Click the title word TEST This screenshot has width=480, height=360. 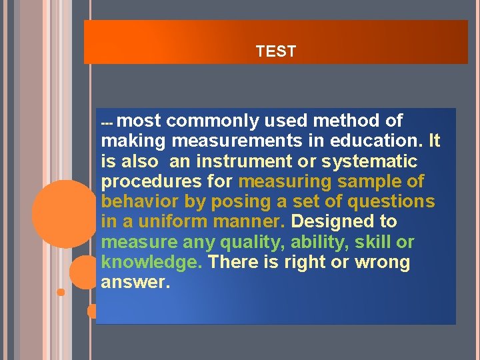tap(275, 51)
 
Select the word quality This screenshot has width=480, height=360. tap(250, 242)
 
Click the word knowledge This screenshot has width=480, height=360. tap(151, 262)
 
